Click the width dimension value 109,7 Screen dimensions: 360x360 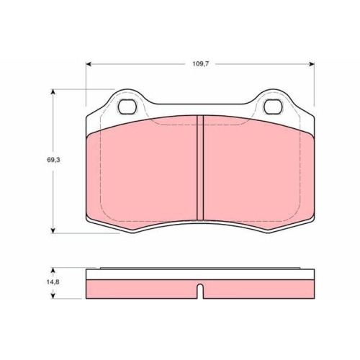(201, 63)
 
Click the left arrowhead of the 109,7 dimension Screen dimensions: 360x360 (89, 64)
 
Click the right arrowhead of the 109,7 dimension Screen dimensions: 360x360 (311, 64)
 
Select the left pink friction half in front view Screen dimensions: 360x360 (144, 173)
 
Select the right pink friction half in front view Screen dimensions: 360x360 (256, 173)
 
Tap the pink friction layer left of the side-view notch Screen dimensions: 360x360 (140, 288)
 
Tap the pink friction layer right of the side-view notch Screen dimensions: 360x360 (259, 288)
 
